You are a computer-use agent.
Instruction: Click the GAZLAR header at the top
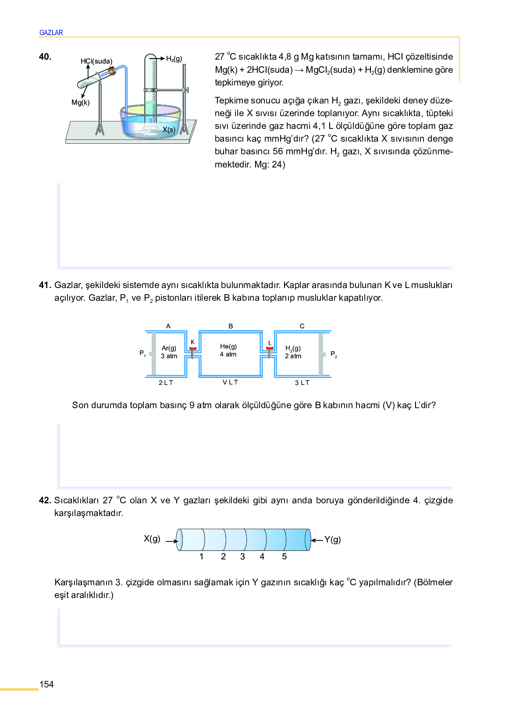tap(51, 32)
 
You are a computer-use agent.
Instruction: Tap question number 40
tap(45, 57)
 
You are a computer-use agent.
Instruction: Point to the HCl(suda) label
tap(96, 61)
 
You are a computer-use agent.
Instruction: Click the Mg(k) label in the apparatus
tap(81, 103)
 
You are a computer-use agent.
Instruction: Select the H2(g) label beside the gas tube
tap(174, 59)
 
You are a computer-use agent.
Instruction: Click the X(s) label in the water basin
tap(169, 129)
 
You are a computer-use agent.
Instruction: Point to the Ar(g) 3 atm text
tap(169, 352)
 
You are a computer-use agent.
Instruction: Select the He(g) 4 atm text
tap(228, 350)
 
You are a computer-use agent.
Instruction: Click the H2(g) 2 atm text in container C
tap(293, 352)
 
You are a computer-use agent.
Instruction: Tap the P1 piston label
tap(142, 353)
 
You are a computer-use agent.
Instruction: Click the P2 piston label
tap(334, 354)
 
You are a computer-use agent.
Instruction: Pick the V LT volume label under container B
tap(230, 382)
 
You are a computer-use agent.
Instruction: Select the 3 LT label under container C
tap(302, 383)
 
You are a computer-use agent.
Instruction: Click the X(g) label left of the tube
tap(152, 539)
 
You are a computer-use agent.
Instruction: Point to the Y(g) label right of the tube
tap(333, 540)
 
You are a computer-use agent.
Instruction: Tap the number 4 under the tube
tap(262, 557)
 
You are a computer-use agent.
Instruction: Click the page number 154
tap(46, 684)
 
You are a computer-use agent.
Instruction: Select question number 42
tap(45, 500)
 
